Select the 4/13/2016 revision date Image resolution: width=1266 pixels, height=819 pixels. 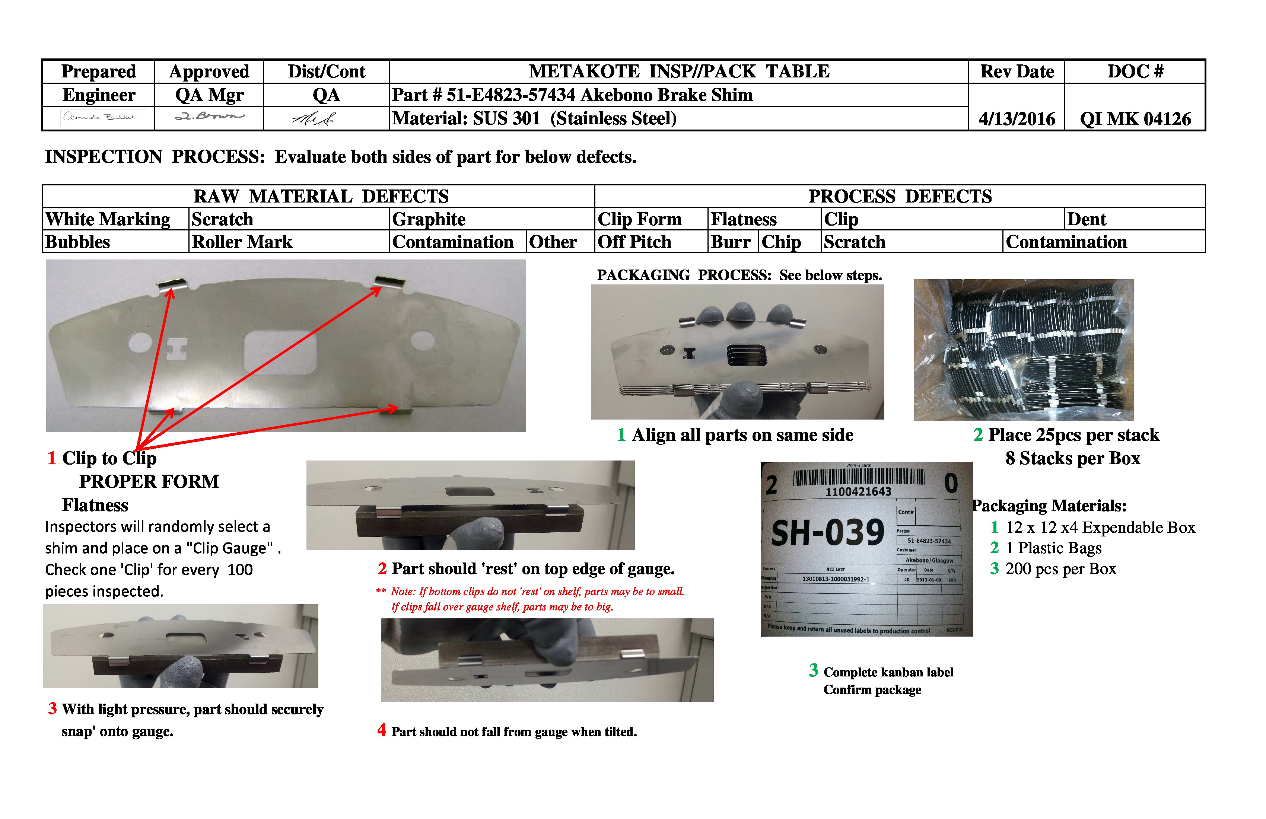point(1017,119)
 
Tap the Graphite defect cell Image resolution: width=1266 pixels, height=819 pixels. point(429,219)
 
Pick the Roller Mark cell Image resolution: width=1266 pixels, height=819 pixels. point(242,242)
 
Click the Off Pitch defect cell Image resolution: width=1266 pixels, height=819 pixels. point(634,242)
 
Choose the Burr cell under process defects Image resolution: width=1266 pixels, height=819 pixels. point(730,242)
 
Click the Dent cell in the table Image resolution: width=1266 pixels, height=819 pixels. point(1086,219)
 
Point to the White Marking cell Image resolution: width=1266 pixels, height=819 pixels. point(108,219)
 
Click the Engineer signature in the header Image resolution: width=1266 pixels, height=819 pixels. point(99,117)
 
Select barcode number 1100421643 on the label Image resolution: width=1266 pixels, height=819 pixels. point(858,492)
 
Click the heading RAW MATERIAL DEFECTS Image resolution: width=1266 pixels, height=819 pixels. point(321,196)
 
